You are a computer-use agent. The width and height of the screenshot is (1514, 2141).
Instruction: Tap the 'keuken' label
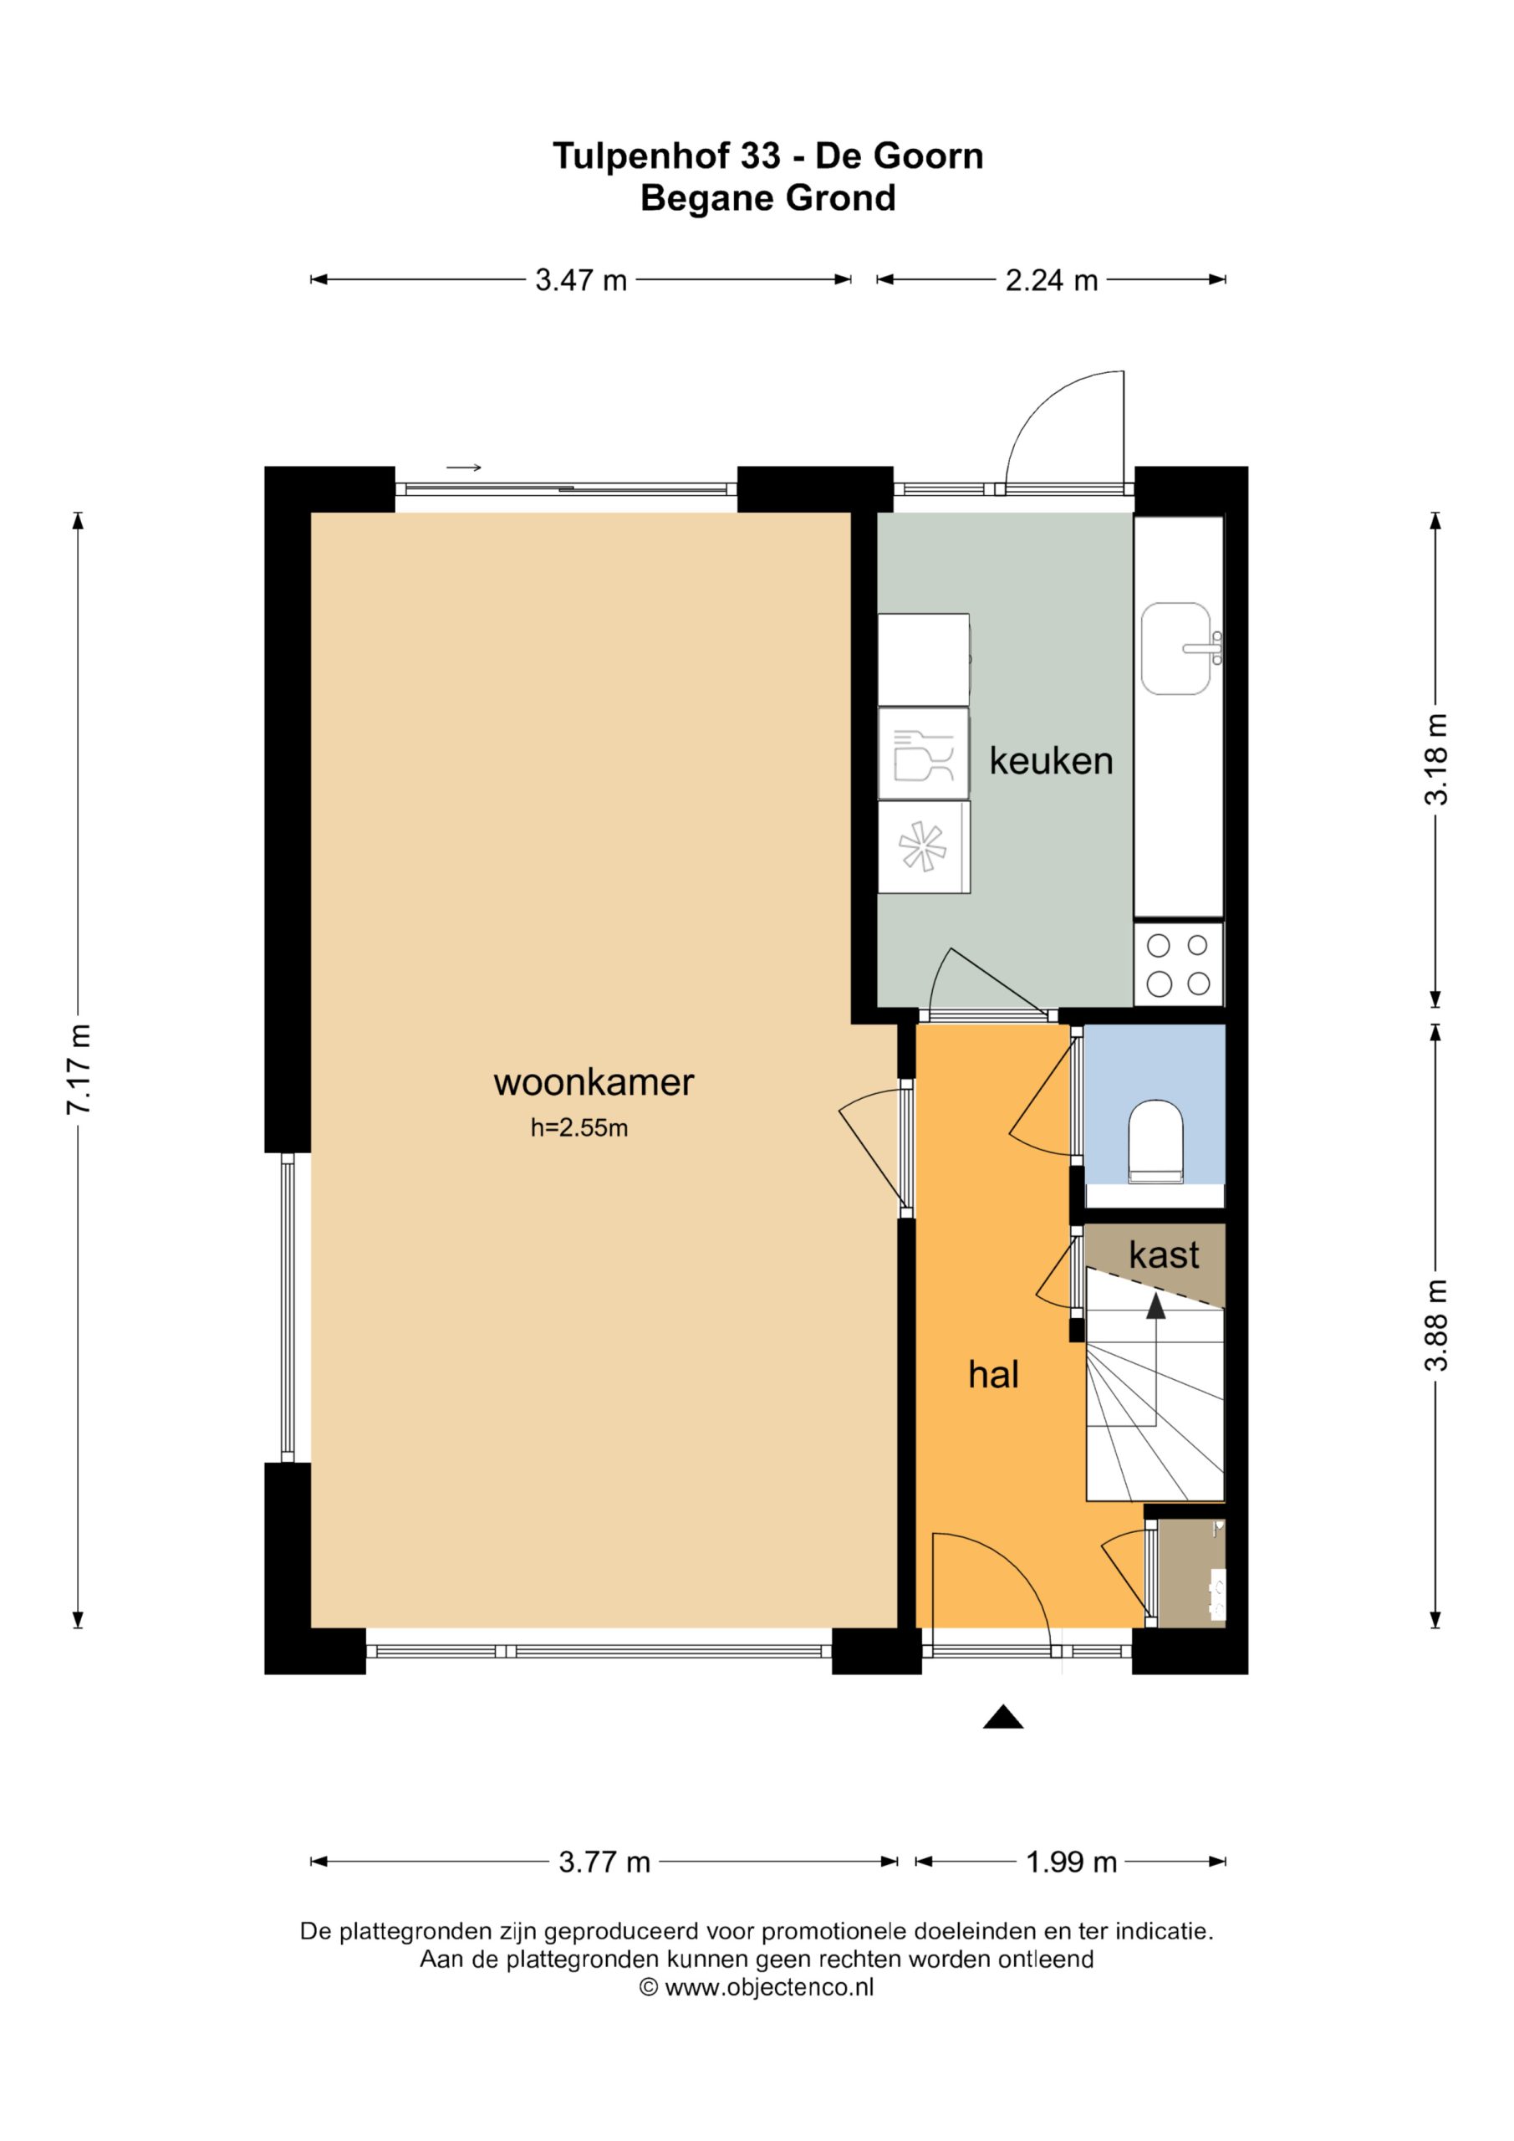pos(1051,761)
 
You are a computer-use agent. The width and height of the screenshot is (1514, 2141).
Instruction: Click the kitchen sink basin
pos(1175,649)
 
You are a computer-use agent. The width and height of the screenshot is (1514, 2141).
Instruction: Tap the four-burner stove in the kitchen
pos(1179,964)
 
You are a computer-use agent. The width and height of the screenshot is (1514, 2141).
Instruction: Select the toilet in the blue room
pos(1156,1142)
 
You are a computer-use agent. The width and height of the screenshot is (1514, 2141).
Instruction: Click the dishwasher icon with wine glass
pos(923,754)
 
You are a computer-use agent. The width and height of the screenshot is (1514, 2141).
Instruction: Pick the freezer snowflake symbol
pos(923,846)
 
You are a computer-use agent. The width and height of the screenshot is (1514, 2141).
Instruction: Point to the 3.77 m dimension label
pos(604,1863)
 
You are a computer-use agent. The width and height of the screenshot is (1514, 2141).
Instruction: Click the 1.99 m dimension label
pos(1071,1863)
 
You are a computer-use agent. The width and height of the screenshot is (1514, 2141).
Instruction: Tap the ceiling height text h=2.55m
pos(579,1128)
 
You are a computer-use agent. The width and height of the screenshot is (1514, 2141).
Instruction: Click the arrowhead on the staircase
pos(1156,1306)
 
